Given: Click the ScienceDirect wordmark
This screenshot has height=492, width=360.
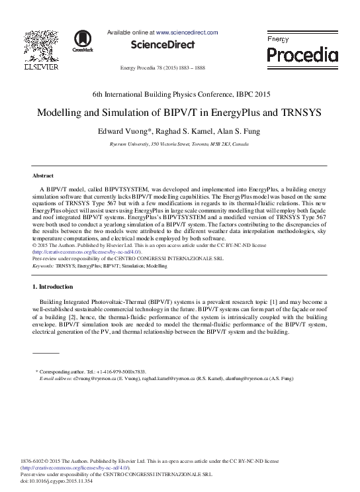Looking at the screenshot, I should point(163,45).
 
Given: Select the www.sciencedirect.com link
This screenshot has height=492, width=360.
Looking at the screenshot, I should point(187,32).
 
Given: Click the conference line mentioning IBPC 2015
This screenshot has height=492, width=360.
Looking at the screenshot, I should point(180,94).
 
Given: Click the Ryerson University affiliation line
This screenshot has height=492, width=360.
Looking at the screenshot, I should point(180,144).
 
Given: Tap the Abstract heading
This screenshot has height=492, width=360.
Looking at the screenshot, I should point(43,175).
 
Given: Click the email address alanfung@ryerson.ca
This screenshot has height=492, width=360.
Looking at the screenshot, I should point(268,378).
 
